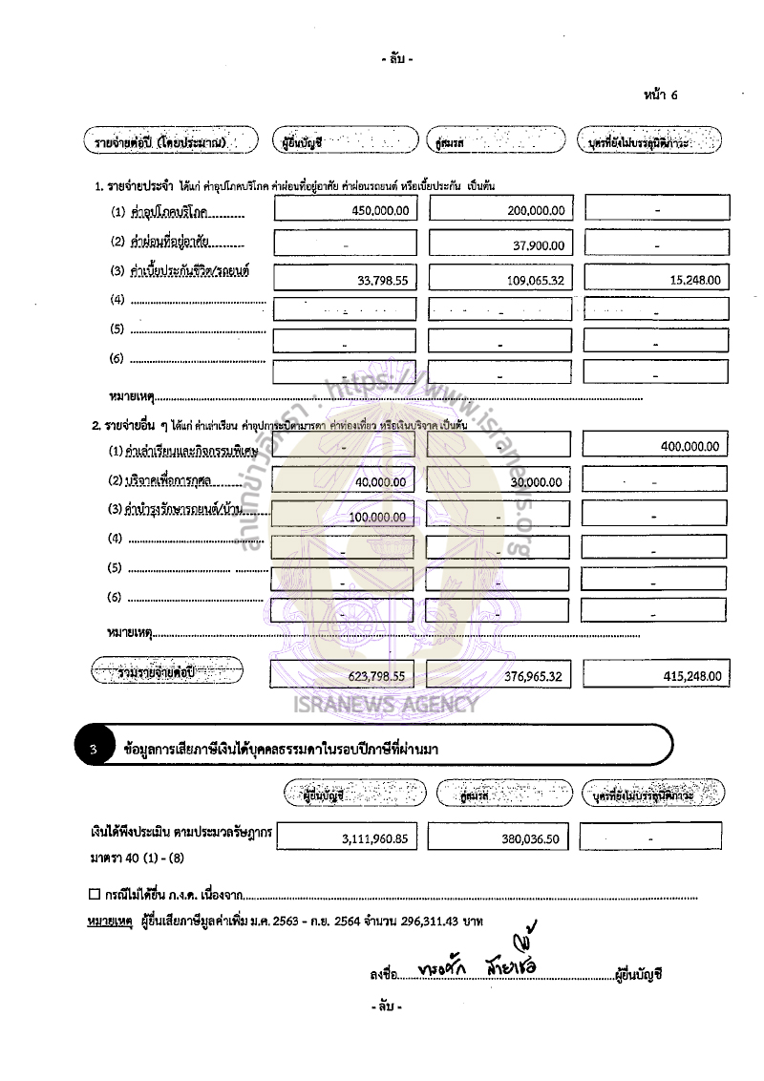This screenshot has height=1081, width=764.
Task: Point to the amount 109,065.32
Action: tap(532, 282)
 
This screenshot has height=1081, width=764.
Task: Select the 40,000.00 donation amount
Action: tap(379, 483)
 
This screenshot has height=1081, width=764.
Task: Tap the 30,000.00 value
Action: tap(536, 483)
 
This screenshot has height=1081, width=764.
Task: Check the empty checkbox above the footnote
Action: tap(93, 895)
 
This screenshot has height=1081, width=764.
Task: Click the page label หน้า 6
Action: tap(661, 95)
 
